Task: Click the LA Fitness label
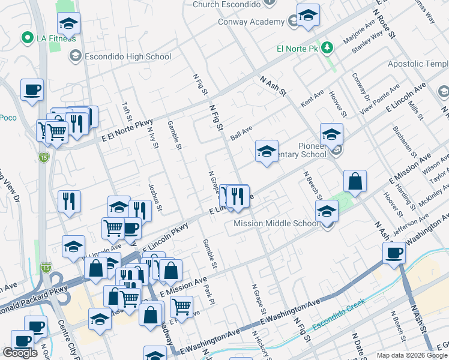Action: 52,38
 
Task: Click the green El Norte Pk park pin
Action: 327,47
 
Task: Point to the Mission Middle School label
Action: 276,224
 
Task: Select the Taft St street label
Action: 127,111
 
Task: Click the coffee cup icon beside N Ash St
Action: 395,253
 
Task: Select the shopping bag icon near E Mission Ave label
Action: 355,181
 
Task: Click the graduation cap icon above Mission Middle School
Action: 327,211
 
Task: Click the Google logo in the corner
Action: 20,353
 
